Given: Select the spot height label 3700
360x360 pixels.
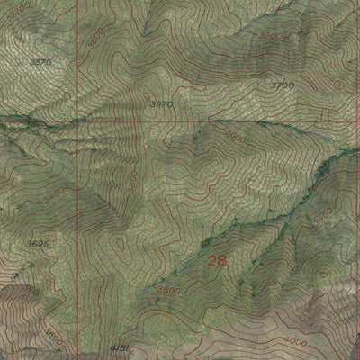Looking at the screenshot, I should (x=283, y=85).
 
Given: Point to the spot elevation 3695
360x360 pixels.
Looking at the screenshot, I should (x=37, y=242).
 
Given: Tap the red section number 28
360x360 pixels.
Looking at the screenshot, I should (x=216, y=262).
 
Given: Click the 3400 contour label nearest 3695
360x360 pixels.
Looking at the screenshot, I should (x=54, y=192).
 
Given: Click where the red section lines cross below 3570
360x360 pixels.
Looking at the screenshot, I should (x=76, y=121).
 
